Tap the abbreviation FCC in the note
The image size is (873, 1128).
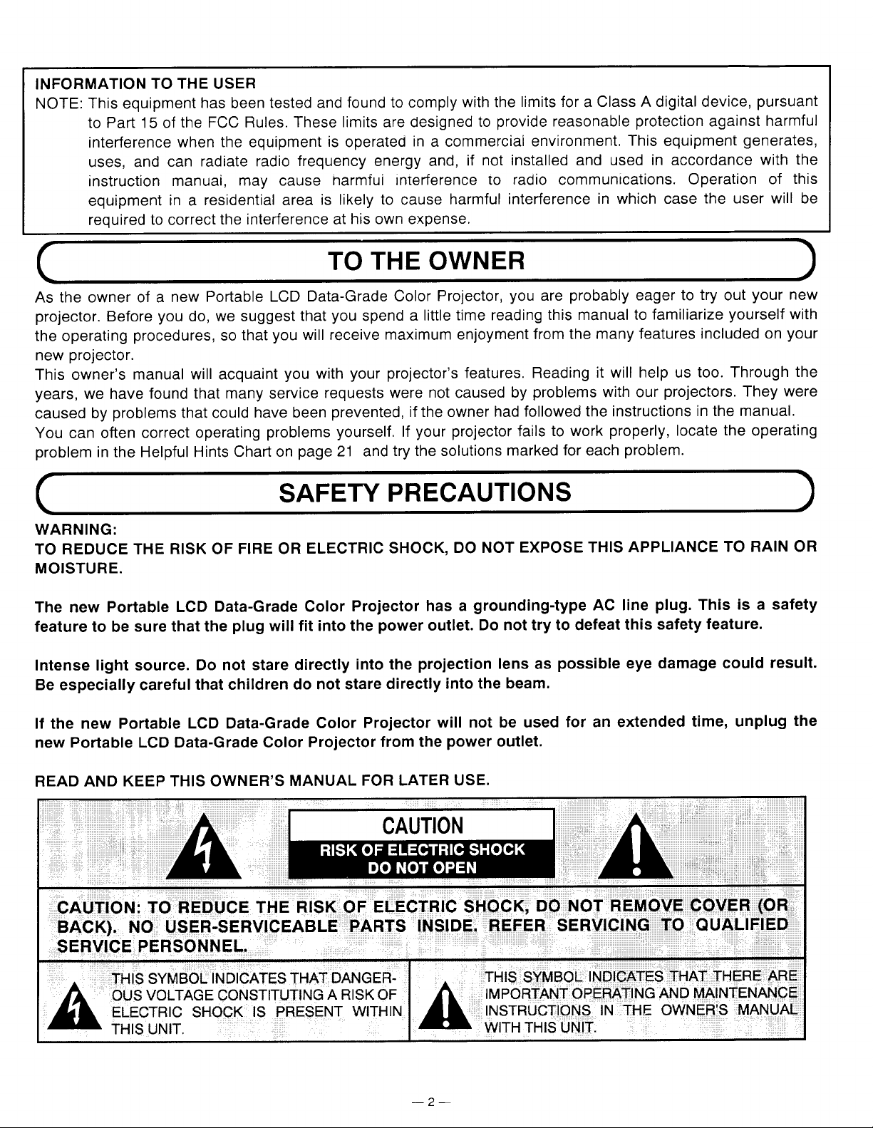click(210, 118)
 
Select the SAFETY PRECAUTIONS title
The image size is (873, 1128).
click(425, 492)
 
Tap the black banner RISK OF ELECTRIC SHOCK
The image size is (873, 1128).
click(422, 849)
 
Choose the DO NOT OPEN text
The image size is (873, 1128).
click(422, 867)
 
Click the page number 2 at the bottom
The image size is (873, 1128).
click(430, 1102)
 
